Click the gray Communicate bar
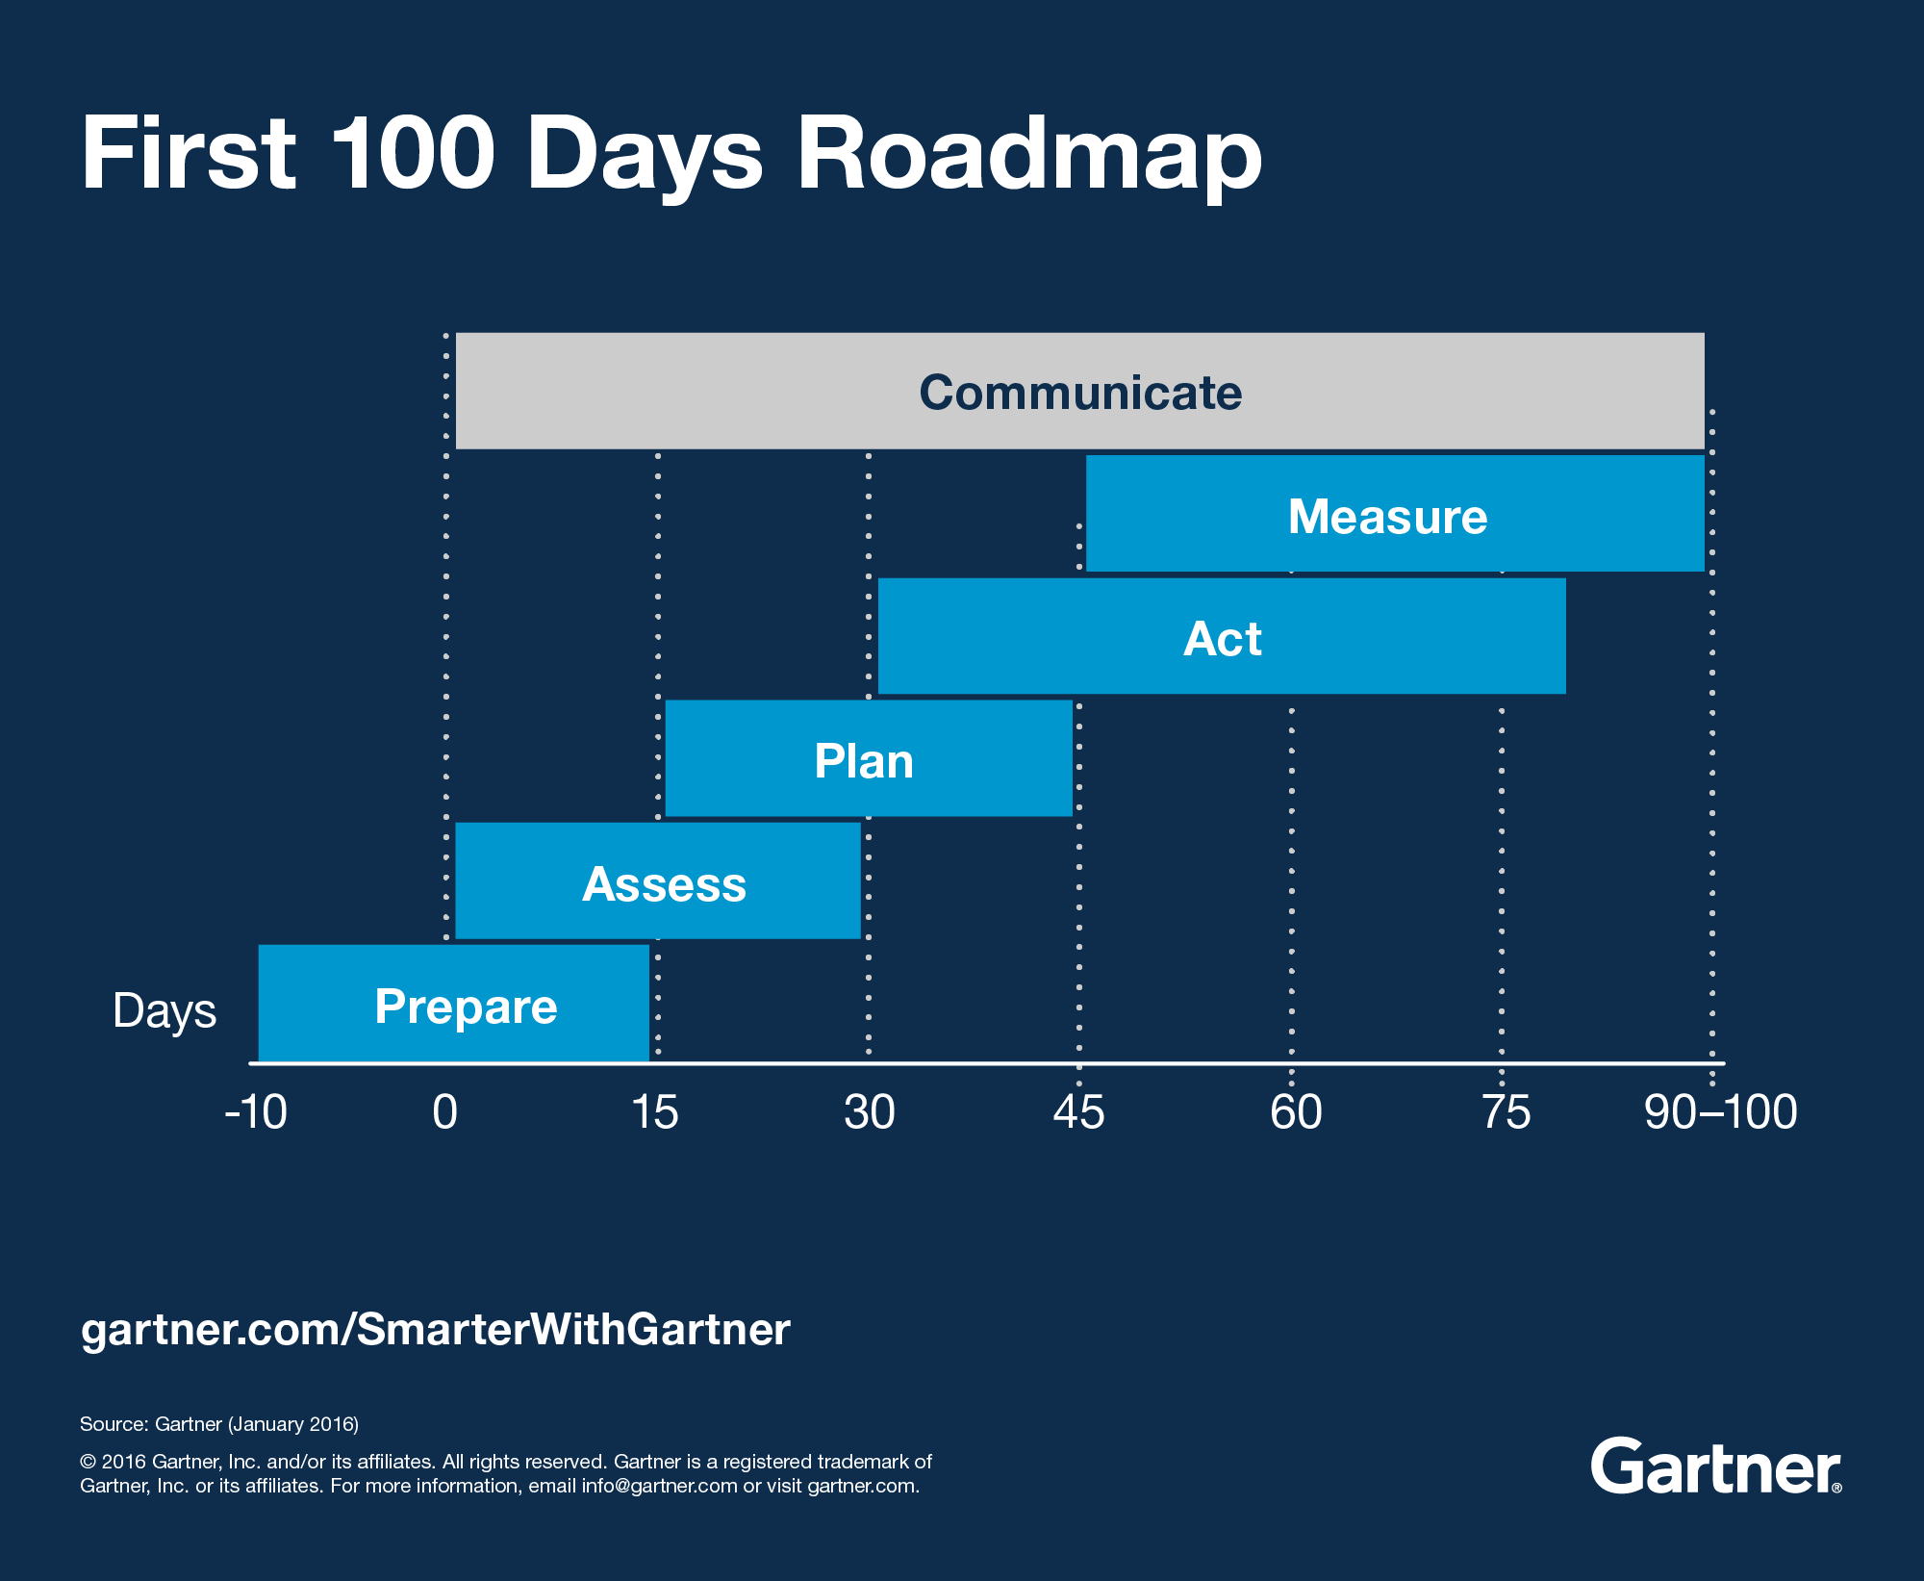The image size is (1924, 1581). (x=1079, y=391)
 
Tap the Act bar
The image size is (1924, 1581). (x=1222, y=636)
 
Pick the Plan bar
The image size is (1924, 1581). (x=868, y=758)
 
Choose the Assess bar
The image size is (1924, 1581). (x=658, y=880)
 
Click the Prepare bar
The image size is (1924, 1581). (x=454, y=1004)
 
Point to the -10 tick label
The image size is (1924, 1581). (x=256, y=1112)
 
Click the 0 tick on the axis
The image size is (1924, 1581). (x=444, y=1112)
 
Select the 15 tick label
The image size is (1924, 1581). (x=655, y=1112)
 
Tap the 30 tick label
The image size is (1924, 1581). (x=869, y=1112)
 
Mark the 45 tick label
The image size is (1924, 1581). (x=1078, y=1112)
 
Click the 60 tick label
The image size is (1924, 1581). (x=1295, y=1112)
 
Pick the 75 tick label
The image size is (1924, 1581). (x=1506, y=1112)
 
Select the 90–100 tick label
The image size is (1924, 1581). (x=1720, y=1112)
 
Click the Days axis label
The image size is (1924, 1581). (x=165, y=1010)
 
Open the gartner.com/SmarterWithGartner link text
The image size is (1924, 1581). (x=435, y=1330)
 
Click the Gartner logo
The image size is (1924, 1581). (x=1715, y=1466)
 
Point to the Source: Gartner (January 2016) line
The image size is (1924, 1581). (x=219, y=1424)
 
